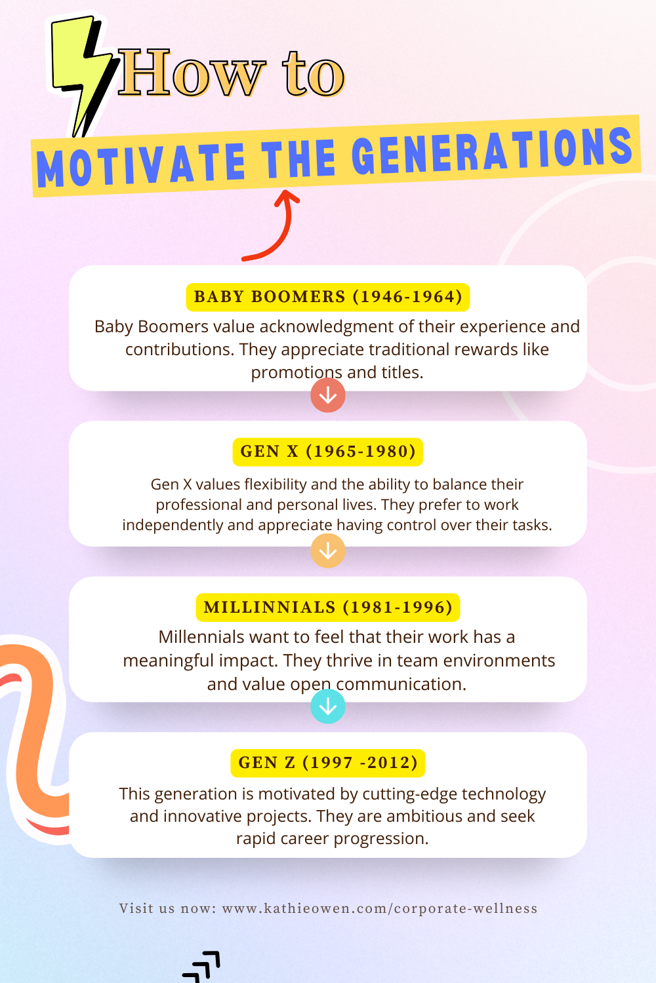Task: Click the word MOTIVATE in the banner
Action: point(140,164)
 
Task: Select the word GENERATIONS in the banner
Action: point(492,150)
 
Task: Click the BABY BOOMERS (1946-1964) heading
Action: point(328,297)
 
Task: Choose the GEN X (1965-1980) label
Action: point(328,452)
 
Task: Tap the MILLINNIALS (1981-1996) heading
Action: point(328,607)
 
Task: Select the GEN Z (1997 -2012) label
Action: point(328,763)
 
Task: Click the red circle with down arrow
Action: point(328,395)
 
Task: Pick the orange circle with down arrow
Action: point(328,550)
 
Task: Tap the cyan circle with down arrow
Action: point(328,706)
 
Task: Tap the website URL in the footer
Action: point(380,908)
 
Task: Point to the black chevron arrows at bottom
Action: point(202,966)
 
